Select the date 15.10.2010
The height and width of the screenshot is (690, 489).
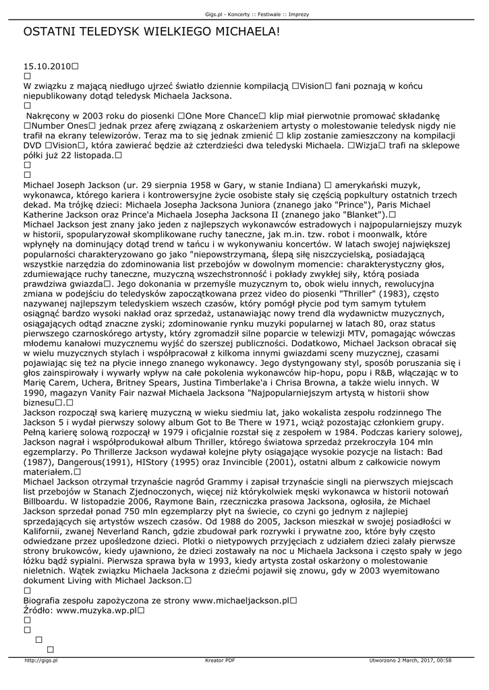[47, 67]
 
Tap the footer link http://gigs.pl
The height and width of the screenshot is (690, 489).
[41, 660]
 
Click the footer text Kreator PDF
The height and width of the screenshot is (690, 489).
[221, 660]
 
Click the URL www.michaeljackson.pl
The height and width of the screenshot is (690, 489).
[241, 600]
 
